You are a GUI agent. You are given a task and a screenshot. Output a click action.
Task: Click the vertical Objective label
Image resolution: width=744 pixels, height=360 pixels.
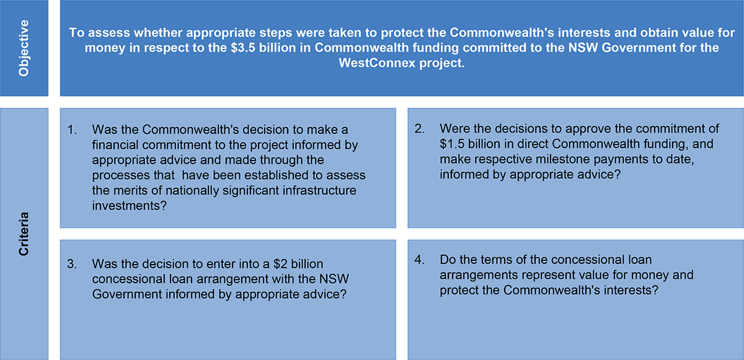(24, 48)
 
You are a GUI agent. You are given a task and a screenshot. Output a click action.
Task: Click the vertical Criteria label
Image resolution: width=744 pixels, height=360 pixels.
(24, 234)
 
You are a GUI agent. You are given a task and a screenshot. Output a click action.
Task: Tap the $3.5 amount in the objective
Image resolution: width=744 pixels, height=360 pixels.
(244, 48)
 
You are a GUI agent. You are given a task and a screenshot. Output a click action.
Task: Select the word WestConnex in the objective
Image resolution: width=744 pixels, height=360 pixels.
(377, 63)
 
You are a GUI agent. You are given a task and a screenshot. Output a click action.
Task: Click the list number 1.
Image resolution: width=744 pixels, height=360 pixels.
(72, 130)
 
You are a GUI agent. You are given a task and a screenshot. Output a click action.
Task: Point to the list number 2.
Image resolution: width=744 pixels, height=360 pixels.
(420, 128)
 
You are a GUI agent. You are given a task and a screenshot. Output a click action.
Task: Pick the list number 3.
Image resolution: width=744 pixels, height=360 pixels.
(72, 264)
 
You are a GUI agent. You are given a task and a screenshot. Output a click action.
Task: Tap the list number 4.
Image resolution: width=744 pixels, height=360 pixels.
(420, 260)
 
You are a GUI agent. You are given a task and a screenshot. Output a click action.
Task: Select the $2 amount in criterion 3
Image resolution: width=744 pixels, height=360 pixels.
(281, 264)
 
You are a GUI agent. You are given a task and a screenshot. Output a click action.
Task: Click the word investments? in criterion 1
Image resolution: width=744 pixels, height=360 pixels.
(129, 206)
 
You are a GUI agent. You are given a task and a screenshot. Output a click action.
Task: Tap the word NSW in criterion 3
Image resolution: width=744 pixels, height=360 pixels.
(334, 279)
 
